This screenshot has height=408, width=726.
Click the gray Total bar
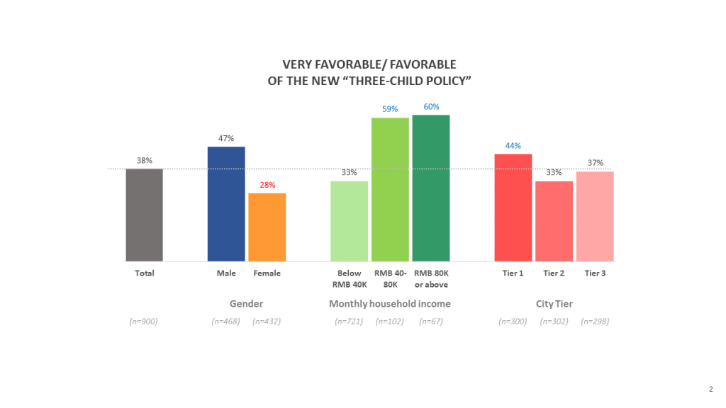point(145,215)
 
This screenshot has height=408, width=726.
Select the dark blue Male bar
point(226,204)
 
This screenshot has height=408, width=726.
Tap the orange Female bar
point(267,227)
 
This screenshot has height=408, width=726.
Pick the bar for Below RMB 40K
point(350,221)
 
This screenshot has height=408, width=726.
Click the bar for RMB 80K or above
point(431,188)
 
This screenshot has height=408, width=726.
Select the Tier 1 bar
point(513,208)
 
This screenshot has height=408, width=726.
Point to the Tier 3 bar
point(595,216)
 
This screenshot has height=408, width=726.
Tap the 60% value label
point(431,106)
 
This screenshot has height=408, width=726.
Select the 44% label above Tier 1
point(513,145)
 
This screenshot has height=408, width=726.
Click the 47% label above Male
point(226,138)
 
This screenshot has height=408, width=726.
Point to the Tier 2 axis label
point(554,273)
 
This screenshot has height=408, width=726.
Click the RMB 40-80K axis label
point(390,279)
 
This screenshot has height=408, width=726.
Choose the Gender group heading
point(246,304)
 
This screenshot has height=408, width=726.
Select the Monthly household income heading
point(390,304)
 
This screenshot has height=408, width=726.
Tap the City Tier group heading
point(554,304)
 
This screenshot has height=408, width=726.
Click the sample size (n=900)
point(144,322)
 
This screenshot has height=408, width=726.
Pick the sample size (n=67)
point(431,322)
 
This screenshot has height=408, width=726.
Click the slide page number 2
point(710,388)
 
